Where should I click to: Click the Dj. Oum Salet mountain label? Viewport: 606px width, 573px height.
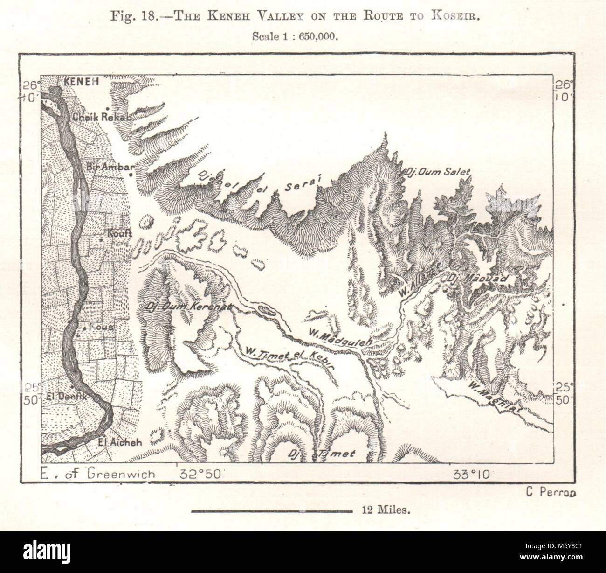click(x=438, y=172)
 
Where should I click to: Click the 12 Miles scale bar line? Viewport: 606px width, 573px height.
click(x=272, y=511)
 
